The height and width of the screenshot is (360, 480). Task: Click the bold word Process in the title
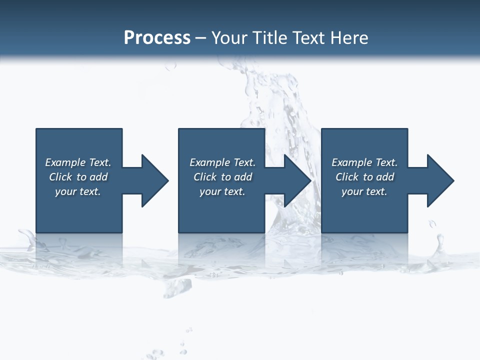(x=157, y=38)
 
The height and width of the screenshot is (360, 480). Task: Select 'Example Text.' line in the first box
(x=78, y=162)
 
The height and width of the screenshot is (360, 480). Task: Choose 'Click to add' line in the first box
(x=78, y=177)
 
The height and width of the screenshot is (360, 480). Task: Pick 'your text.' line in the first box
(x=78, y=191)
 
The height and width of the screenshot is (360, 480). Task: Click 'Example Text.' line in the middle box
(x=222, y=162)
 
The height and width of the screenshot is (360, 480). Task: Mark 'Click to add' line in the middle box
(x=222, y=177)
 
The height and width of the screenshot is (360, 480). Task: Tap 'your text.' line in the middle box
(x=222, y=191)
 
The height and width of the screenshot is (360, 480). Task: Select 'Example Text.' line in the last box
(x=364, y=162)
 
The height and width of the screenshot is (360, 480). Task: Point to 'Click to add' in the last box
(x=364, y=177)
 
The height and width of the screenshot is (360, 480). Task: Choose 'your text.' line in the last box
(x=364, y=191)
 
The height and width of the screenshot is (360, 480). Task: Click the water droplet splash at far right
(x=440, y=245)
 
